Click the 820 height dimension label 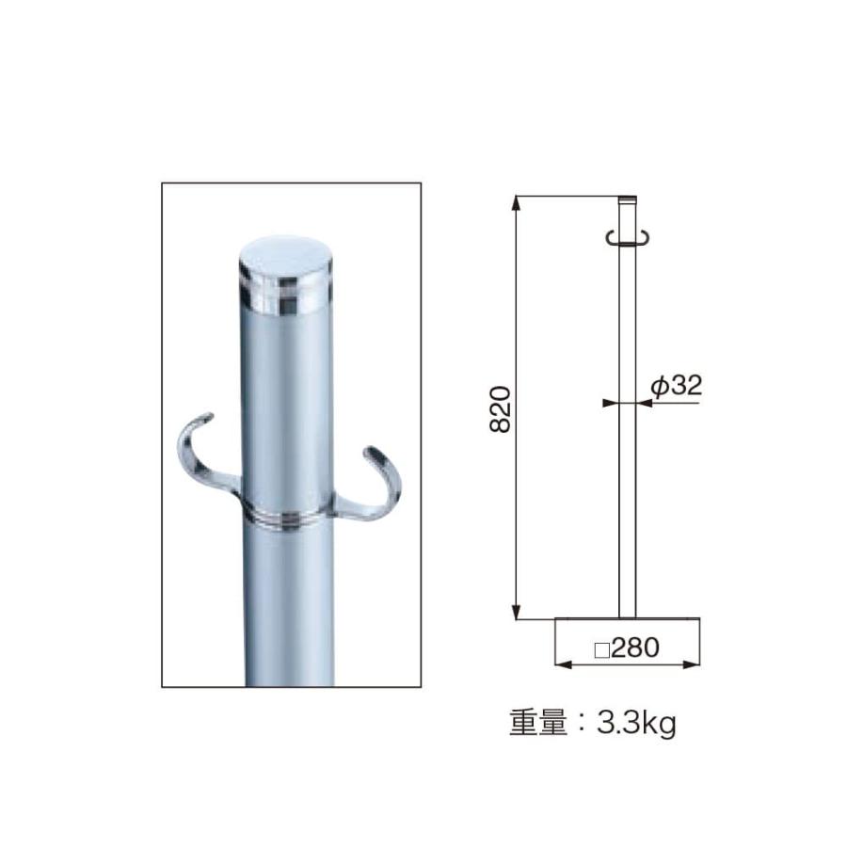coord(503,408)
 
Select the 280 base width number coord(635,647)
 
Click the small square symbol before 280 coord(602,648)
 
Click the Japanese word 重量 coord(537,725)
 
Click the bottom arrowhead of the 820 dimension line coord(517,613)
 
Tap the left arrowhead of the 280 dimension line coord(563,664)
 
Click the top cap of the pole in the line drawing coord(627,200)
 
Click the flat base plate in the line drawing coord(627,619)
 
